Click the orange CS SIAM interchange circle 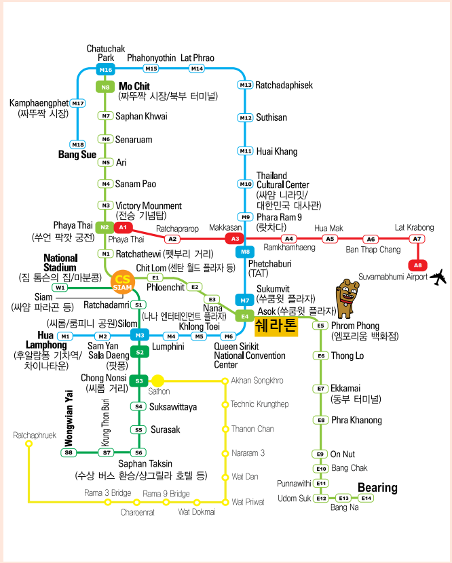point(122,282)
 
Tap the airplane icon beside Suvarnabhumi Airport point(439,276)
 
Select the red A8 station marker point(418,265)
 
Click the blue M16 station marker point(105,70)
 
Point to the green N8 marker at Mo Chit point(105,87)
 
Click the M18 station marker point(78,144)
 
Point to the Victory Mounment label point(149,206)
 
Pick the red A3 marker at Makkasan point(235,238)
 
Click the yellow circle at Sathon point(157,381)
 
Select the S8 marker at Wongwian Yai point(69,452)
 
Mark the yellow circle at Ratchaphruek point(29,444)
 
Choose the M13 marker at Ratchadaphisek point(245,85)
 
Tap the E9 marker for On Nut point(320,454)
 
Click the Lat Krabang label point(414,227)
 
